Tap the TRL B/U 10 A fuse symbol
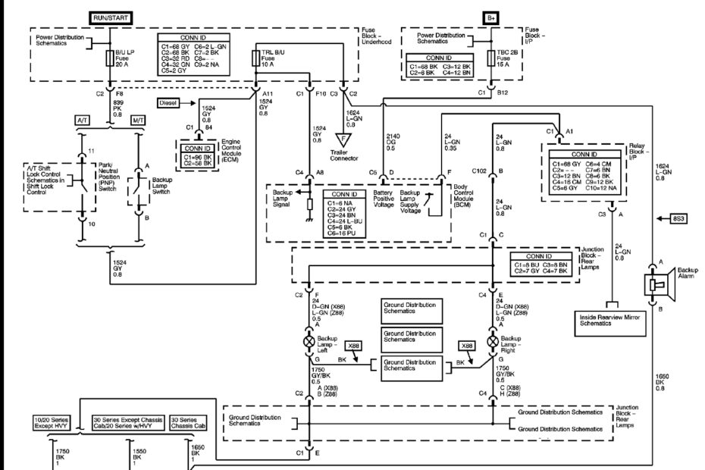pos(255,59)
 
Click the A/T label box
pos(82,121)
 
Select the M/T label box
pos(139,121)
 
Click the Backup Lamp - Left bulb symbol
pos(309,342)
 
